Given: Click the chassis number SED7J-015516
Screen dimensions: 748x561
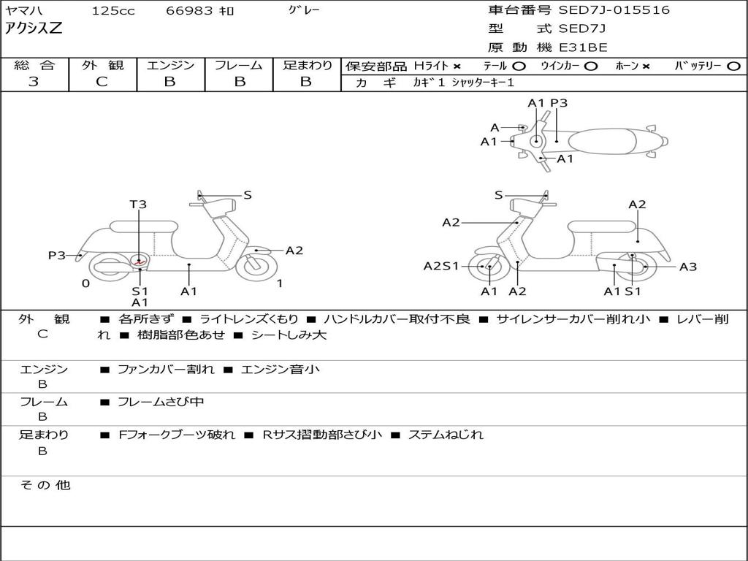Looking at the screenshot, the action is click(614, 10).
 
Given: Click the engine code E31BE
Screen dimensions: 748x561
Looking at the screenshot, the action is click(583, 47).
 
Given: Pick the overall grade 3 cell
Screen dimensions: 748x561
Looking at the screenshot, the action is click(34, 82).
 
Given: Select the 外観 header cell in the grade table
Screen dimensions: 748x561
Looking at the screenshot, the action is click(102, 66).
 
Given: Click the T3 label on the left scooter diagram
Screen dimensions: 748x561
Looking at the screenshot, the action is click(138, 205).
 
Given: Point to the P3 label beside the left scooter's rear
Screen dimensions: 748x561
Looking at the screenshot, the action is click(57, 255).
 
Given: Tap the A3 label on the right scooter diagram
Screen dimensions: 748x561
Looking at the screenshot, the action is click(687, 267).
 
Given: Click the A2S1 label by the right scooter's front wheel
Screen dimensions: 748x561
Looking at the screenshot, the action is click(441, 266).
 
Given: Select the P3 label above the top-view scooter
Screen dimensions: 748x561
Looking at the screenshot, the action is click(559, 103).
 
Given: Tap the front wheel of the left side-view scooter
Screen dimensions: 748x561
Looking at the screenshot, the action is click(257, 264).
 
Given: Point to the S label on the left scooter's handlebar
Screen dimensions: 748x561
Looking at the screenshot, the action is click(248, 195).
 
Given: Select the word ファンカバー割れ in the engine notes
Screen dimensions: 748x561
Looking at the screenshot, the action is click(167, 370).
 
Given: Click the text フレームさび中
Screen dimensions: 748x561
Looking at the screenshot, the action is click(161, 402).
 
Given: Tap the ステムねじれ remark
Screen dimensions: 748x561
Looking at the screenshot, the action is click(446, 435).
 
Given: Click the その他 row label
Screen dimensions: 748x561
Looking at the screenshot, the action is click(45, 485).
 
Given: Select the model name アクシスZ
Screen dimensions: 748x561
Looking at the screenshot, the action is click(34, 29).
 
